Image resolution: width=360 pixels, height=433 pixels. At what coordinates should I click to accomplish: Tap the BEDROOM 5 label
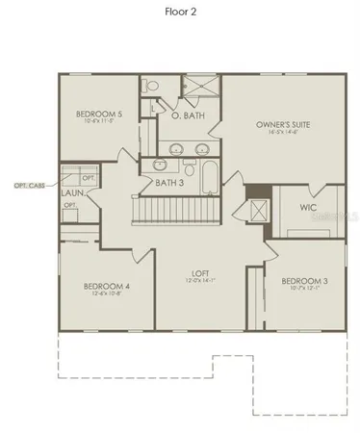tap(99, 115)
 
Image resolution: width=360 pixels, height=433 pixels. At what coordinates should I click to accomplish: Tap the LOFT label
tap(201, 272)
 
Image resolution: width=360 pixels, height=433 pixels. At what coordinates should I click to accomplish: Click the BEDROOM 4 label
tap(106, 286)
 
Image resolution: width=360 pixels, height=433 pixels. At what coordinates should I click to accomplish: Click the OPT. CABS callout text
tap(29, 184)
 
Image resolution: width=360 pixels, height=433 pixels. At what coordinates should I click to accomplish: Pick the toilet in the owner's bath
tap(149, 87)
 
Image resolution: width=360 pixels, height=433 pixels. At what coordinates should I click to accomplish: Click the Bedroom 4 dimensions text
tap(106, 293)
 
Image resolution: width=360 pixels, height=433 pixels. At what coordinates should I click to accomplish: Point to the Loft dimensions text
tap(201, 281)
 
